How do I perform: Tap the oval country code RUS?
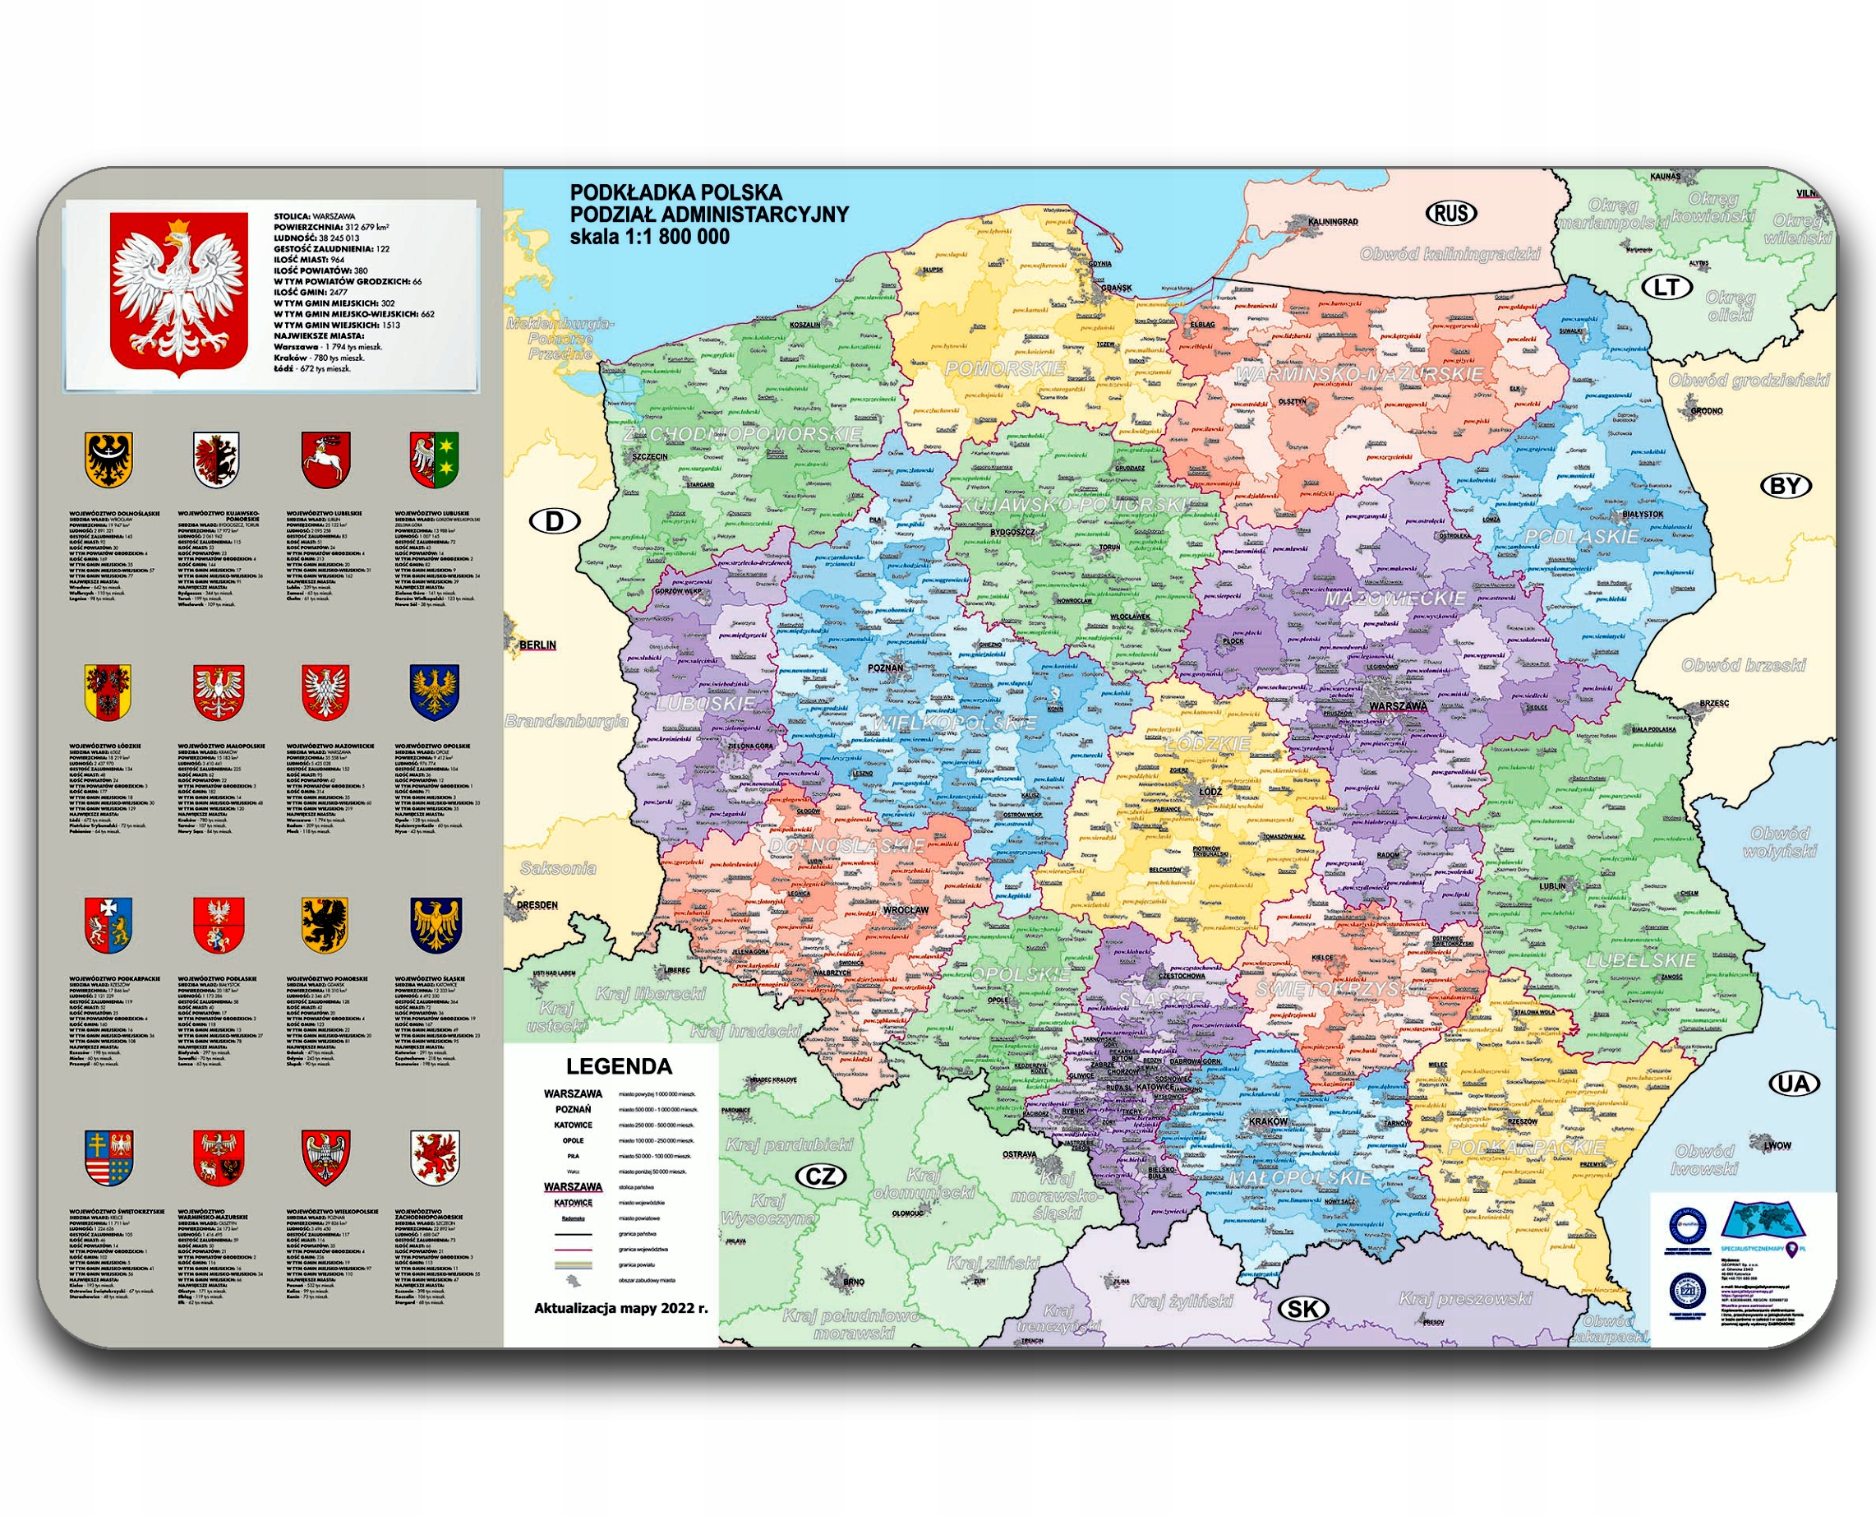coord(1451,212)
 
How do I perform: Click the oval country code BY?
coord(1786,486)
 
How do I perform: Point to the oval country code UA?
coord(1794,1084)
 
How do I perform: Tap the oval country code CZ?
coord(820,1176)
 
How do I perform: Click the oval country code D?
coord(555,521)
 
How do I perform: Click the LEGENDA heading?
coord(619,1066)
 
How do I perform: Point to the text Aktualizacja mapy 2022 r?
coord(620,1308)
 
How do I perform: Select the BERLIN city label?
coord(537,645)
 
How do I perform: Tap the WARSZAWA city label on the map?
coord(1398,705)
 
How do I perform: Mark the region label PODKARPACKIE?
coord(1526,1147)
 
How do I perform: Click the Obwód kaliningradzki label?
coord(1450,254)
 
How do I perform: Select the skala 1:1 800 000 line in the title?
coord(649,237)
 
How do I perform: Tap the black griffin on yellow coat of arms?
coord(325,924)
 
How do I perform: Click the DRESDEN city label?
coord(537,904)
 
